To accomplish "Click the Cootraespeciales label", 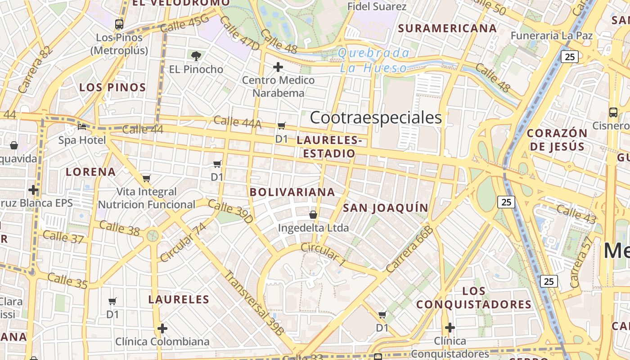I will (376, 118).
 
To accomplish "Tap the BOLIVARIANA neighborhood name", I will (292, 192).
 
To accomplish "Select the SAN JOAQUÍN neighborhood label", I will (385, 207).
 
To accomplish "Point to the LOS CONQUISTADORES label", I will (474, 298).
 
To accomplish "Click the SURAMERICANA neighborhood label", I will (447, 28).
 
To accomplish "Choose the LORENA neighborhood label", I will (91, 171).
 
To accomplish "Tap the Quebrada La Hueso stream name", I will (373, 60).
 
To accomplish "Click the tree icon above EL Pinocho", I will (196, 56).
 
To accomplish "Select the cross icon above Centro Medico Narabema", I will (278, 67).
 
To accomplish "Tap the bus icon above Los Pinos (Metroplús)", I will (119, 24).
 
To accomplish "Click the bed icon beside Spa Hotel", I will (82, 127).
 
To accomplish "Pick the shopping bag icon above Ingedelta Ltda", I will (313, 215).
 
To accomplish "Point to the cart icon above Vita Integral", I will (146, 179).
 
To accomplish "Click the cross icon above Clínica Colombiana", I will (162, 328).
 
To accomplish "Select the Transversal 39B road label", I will (254, 303).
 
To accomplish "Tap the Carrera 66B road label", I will (409, 249).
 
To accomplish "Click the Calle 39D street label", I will (230, 212).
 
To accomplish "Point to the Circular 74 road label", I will (182, 242).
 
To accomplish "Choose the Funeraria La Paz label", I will (558, 36).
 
